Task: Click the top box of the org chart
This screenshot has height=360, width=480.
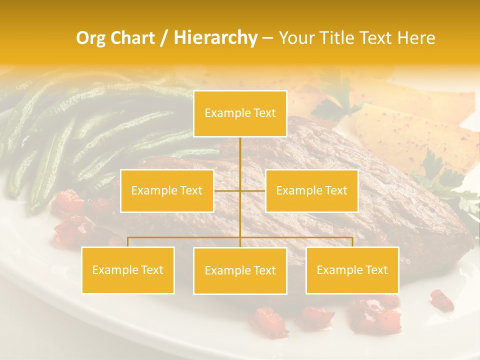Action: (240, 113)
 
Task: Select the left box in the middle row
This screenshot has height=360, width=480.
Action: (167, 190)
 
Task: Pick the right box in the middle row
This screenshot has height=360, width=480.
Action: (311, 190)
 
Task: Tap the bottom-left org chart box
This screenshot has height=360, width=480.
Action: (128, 270)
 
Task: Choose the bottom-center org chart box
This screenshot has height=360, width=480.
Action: (240, 270)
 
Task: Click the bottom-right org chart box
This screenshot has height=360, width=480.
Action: (352, 270)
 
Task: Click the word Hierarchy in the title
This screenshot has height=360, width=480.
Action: (215, 38)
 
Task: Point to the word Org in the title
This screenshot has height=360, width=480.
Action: (90, 38)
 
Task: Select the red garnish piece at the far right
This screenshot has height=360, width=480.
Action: (442, 300)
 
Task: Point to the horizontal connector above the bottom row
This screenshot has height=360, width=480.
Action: (185, 237)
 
